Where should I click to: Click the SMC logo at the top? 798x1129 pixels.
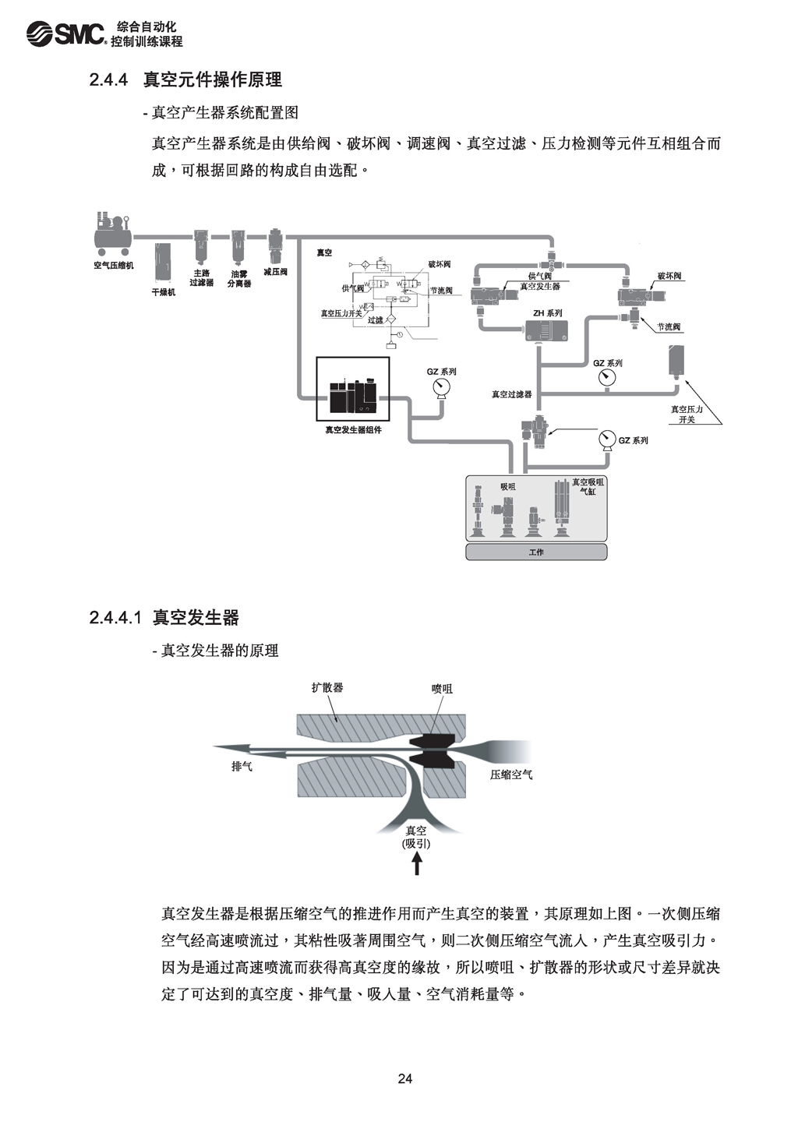click(65, 33)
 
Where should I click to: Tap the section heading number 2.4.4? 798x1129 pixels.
click(108, 79)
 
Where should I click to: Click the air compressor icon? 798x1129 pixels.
click(112, 234)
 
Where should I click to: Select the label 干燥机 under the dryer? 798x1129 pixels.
click(164, 292)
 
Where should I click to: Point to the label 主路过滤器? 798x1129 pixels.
click(201, 278)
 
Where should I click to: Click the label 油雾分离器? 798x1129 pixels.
click(239, 279)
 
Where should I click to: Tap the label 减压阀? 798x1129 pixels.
click(275, 272)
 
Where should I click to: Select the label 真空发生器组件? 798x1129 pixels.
click(353, 430)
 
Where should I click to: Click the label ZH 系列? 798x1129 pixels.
click(547, 313)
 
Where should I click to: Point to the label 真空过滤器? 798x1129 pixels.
click(511, 394)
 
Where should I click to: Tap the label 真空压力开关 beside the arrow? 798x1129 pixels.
click(687, 414)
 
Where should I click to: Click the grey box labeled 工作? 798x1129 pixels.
click(536, 552)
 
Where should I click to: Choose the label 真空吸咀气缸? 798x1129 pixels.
click(588, 487)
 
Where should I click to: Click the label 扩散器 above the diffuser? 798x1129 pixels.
click(327, 687)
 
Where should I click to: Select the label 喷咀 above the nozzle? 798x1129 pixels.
click(442, 689)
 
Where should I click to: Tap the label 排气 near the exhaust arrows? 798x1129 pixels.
click(242, 767)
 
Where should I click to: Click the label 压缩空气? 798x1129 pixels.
click(511, 774)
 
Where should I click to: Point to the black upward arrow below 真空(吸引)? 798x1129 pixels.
click(417, 863)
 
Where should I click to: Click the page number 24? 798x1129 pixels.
click(404, 1079)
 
